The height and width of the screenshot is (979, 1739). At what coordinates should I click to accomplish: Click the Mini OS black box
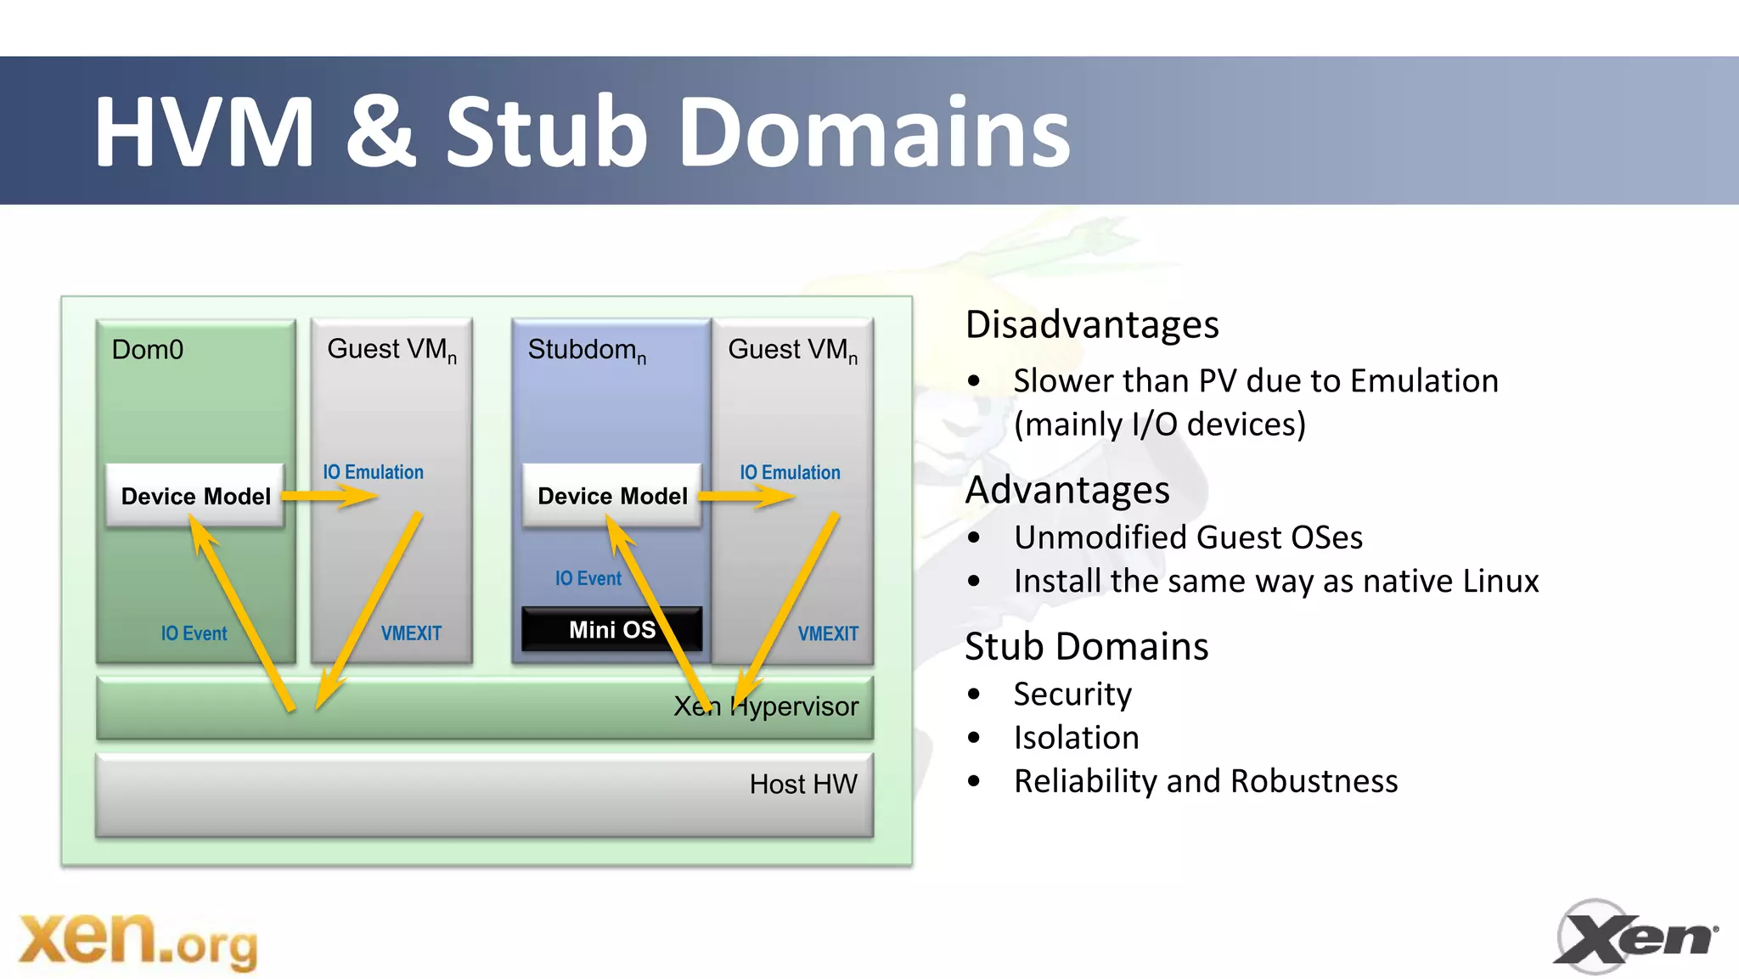[x=611, y=629]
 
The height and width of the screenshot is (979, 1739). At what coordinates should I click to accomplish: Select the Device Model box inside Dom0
[x=195, y=496]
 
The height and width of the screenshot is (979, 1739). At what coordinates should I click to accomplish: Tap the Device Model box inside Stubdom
[x=612, y=496]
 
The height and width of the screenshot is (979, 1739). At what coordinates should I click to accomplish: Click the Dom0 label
[x=148, y=350]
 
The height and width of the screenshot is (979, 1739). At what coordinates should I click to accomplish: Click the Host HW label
[x=803, y=784]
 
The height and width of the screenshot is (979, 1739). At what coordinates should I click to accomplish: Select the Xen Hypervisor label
[x=766, y=706]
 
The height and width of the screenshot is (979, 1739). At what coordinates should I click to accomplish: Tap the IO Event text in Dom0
[x=194, y=633]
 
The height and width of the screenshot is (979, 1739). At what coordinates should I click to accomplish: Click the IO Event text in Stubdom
[x=588, y=578]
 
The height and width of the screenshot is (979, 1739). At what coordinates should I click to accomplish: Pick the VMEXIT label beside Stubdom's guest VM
[x=828, y=633]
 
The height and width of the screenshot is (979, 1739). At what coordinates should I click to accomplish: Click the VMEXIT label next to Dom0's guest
[x=411, y=633]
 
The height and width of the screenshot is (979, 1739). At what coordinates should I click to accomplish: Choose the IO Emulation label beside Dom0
[x=373, y=472]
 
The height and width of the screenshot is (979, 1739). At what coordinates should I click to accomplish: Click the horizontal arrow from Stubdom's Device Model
[x=746, y=496]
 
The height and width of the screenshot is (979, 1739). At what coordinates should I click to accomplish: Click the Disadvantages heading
[x=1092, y=325]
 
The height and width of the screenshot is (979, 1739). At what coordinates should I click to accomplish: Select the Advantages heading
[x=1067, y=491]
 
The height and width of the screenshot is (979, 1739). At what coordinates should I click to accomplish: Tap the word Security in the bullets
[x=1072, y=695]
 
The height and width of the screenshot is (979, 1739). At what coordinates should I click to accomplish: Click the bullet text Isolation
[x=1076, y=738]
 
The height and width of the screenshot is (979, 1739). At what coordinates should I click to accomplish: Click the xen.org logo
[x=138, y=942]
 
